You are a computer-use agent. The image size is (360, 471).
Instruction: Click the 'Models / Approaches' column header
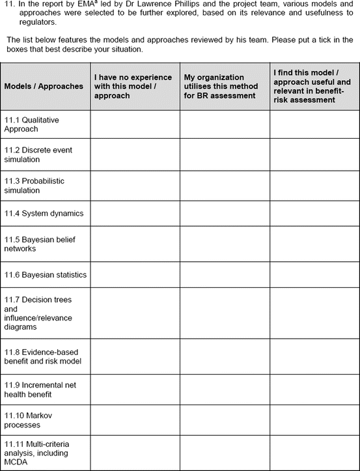44,86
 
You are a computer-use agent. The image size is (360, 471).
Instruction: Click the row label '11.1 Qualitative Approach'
31,124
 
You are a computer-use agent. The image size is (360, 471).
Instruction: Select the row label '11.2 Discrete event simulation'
38,155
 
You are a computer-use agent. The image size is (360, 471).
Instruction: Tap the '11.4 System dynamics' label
44,213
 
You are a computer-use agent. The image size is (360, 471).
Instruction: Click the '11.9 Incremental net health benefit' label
40,390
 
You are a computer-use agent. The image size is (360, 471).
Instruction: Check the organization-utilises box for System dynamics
225,213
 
